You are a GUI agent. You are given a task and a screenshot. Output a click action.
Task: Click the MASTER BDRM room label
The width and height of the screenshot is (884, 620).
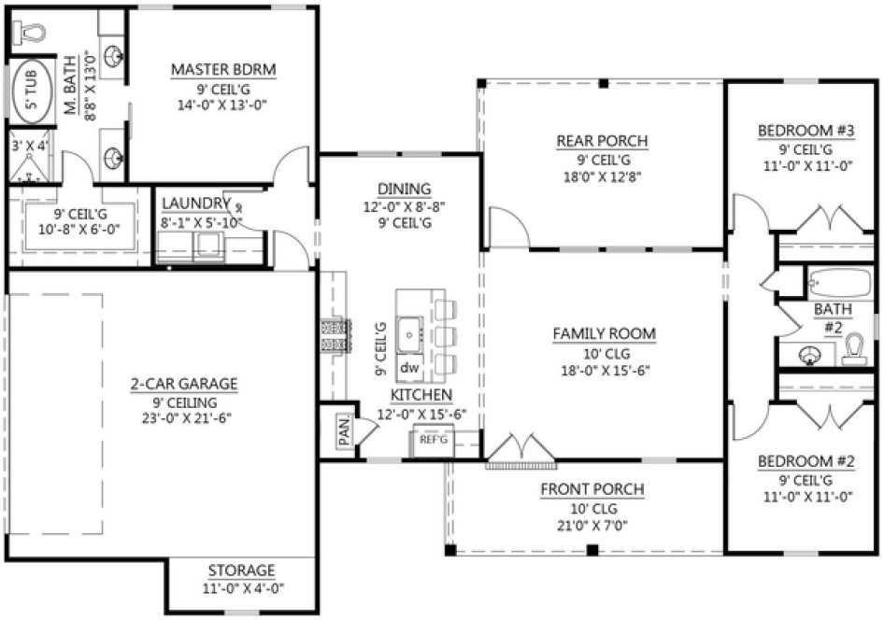tap(223, 70)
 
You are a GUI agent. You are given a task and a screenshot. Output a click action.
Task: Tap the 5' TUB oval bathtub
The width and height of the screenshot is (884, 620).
tap(32, 91)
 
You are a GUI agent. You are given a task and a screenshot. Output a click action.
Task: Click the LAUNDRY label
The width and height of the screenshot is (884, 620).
tap(195, 204)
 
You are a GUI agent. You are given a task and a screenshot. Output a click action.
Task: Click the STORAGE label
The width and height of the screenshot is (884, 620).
tap(241, 571)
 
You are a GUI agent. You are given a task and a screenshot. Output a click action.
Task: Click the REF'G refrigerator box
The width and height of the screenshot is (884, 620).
tap(433, 438)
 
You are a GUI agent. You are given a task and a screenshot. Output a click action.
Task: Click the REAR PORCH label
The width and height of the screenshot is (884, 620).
tap(602, 141)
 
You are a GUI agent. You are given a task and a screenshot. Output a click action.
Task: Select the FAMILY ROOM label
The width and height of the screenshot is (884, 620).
tap(603, 333)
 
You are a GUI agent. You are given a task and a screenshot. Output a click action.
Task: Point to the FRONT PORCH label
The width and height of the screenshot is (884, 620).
tap(592, 489)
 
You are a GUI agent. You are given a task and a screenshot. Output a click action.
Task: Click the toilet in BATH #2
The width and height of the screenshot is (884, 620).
tap(852, 351)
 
